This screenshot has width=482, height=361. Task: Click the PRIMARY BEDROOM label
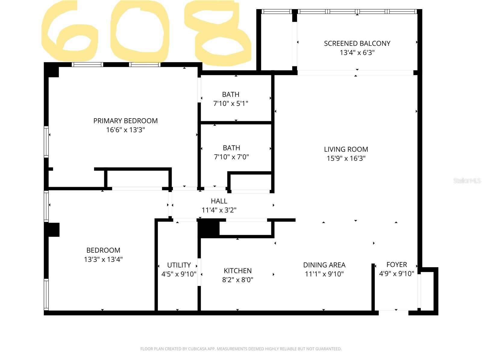[125, 121]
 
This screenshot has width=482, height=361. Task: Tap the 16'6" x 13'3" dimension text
[125, 130]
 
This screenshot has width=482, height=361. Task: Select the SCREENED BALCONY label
[357, 43]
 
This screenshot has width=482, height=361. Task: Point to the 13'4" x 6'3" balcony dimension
[357, 53]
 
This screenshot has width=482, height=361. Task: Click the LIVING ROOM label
[346, 149]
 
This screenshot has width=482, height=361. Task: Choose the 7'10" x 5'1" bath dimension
[231, 103]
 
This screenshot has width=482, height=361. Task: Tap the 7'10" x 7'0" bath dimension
[231, 157]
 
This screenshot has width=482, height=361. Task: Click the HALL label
[219, 201]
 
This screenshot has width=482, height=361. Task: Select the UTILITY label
[179, 265]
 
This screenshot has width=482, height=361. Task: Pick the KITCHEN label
[238, 271]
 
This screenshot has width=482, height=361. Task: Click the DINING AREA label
[324, 265]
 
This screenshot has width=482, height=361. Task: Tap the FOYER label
[396, 264]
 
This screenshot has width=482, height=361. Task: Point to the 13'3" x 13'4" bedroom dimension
[103, 259]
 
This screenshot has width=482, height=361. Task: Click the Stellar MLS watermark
[467, 180]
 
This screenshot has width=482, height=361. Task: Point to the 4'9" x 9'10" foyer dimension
[396, 274]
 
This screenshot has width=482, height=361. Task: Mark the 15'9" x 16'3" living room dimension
[346, 159]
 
